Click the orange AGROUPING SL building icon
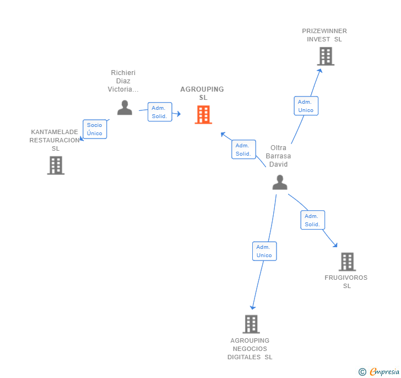pos(203,115)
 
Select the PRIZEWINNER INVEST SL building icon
pos(326,56)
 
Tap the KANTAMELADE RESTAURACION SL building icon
pos(56,166)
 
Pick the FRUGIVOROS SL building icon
pos(347,262)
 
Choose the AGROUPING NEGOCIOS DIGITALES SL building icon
pos(251,324)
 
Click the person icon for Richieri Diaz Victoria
pos(124,108)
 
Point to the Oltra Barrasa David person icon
pos(280,182)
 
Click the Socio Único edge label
pos(95,129)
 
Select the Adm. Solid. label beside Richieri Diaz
pos(159,112)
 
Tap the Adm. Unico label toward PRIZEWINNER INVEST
pos(306,106)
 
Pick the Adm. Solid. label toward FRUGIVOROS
pos(312,220)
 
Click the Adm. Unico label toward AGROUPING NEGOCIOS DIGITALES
pos(264,251)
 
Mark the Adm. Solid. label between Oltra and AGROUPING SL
pos(243,150)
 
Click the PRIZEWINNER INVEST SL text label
pos(324,35)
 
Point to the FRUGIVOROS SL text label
pos(346,281)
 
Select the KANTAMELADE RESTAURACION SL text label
pos(55,140)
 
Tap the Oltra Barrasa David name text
pos(278,156)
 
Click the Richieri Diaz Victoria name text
pos(123,81)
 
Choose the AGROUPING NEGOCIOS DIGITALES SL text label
pos(250,349)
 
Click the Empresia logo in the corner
pos(380,372)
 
